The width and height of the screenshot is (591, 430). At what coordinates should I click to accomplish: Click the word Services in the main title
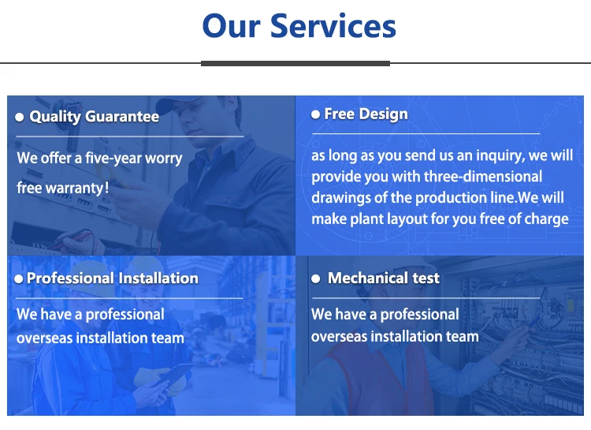[333, 26]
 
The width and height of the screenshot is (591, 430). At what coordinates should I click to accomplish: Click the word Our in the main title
[231, 26]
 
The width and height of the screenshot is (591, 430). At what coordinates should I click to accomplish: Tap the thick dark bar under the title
[295, 63]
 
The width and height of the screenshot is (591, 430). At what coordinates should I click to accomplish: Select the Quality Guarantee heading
[95, 117]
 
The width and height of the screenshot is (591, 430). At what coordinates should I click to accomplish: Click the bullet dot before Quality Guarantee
[20, 118]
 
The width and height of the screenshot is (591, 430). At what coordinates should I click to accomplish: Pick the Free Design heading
[366, 114]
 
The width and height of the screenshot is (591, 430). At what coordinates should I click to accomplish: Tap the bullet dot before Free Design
[315, 114]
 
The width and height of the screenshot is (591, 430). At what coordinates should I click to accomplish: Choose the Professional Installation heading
[113, 279]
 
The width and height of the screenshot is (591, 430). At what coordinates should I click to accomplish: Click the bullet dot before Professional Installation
[18, 279]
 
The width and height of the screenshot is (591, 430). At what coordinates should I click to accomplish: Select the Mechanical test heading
[383, 279]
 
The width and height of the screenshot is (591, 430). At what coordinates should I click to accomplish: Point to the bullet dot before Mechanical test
[316, 279]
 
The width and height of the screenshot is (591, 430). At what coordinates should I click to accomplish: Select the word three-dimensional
[483, 176]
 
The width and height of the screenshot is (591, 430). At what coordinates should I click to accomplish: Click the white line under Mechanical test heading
[426, 298]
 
